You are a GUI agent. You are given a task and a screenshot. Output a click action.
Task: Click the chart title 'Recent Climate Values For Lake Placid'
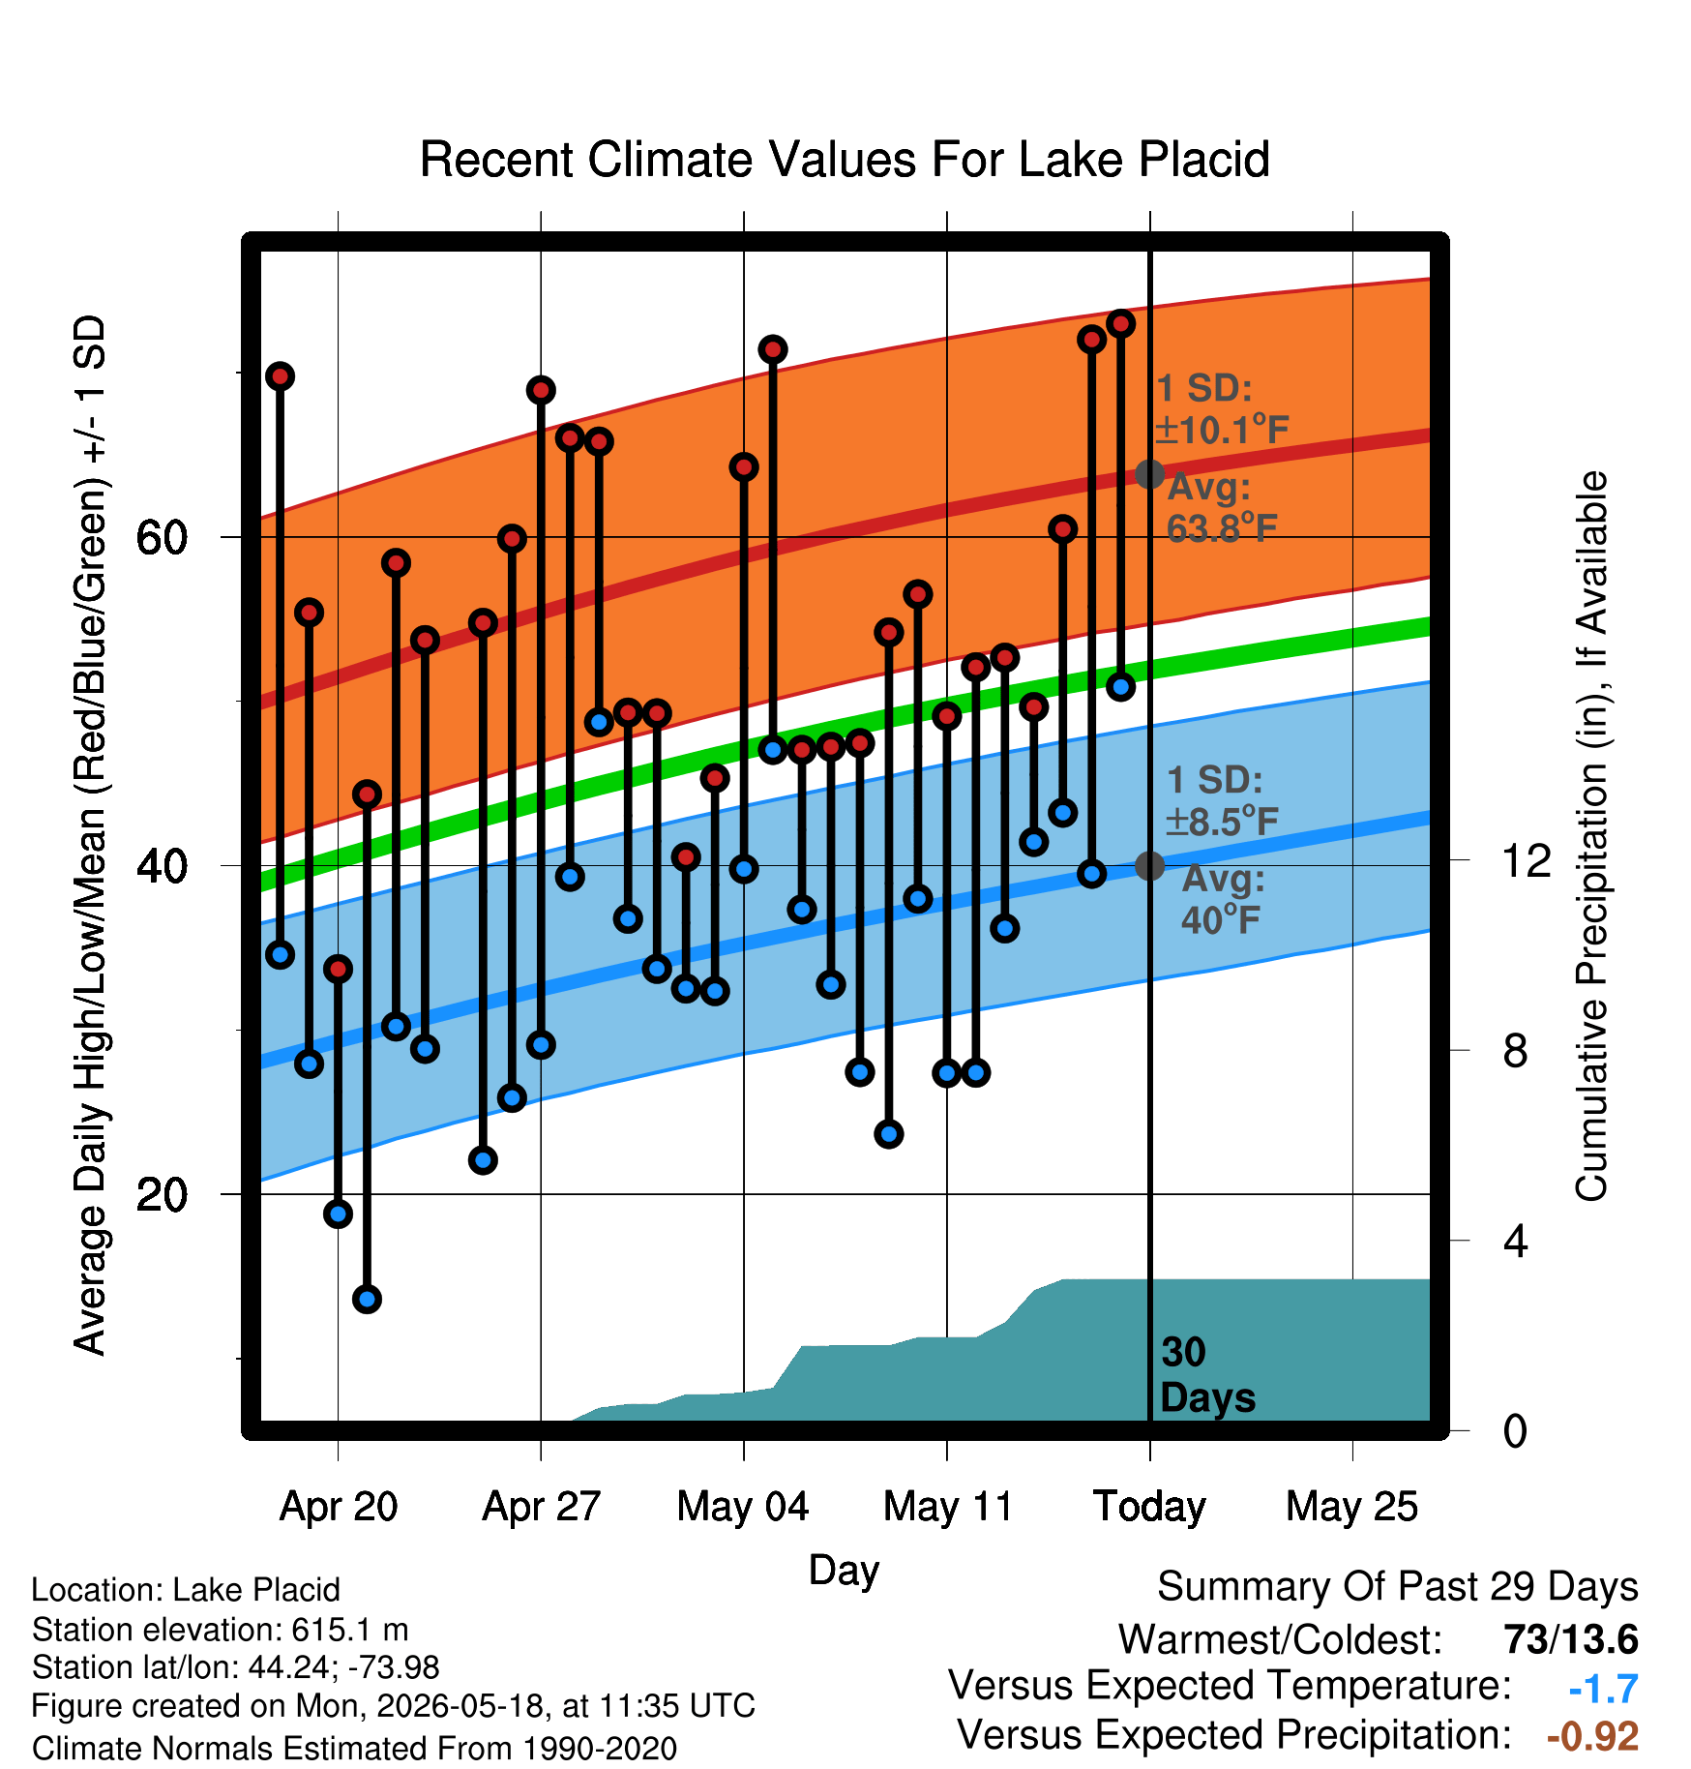click(845, 160)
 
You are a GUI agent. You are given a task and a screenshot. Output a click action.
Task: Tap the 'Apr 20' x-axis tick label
click(339, 1507)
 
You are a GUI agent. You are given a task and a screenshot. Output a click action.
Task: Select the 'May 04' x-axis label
click(743, 1507)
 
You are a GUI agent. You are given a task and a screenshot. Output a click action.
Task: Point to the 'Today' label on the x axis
click(1149, 1507)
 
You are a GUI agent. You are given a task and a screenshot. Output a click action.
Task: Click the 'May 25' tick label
click(1352, 1507)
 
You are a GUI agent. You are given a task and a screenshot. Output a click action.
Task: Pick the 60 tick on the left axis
click(162, 537)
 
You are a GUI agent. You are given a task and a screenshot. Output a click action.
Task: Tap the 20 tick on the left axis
click(162, 1194)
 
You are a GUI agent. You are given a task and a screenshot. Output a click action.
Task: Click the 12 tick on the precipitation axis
click(1527, 860)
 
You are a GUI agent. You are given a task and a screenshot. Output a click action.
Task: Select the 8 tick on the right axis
click(1516, 1050)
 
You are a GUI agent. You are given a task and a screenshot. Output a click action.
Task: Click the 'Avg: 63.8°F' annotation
click(1222, 508)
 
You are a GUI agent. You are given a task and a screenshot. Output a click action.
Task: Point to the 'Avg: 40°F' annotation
click(1222, 899)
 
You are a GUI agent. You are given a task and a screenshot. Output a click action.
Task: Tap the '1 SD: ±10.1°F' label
click(1223, 409)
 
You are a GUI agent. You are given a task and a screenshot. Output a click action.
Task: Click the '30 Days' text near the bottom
click(1207, 1375)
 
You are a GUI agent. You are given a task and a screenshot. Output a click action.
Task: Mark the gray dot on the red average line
click(1149, 474)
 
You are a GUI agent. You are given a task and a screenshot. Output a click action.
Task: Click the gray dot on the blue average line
click(1149, 865)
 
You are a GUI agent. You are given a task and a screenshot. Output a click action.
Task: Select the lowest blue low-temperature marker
click(367, 1299)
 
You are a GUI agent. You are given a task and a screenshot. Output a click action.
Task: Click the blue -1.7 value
click(1604, 1689)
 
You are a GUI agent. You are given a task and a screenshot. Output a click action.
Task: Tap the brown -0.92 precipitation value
click(1592, 1737)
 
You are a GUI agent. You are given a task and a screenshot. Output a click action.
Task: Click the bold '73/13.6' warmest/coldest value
click(1571, 1640)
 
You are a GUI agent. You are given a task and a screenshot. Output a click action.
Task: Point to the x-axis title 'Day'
click(844, 1571)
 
